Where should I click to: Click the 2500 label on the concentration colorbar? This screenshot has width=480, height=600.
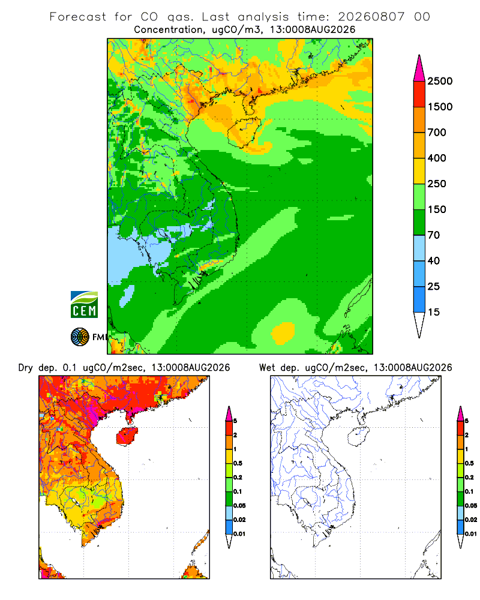[440, 81]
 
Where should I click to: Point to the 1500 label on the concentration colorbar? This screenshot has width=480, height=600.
[440, 107]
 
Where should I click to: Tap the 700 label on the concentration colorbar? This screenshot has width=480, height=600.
[437, 133]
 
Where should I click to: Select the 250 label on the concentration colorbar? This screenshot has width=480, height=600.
[437, 184]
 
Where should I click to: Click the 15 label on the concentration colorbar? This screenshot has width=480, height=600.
[434, 312]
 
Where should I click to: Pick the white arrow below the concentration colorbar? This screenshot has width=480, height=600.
[419, 325]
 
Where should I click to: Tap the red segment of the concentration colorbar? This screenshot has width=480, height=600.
[419, 94]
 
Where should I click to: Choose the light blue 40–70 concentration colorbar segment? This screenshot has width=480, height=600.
[419, 248]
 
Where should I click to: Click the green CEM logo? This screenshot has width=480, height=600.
[84, 305]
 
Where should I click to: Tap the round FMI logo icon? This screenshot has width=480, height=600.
[80, 337]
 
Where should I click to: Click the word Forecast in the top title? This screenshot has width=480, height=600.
[78, 17]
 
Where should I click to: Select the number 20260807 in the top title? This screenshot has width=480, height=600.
[371, 17]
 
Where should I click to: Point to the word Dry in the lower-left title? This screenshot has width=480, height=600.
[26, 368]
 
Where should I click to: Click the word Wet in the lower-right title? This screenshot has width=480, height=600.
[267, 368]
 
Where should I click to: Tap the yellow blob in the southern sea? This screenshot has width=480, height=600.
[284, 332]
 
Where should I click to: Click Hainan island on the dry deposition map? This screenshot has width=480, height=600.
[127, 437]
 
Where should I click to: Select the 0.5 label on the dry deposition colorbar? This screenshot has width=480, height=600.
[238, 463]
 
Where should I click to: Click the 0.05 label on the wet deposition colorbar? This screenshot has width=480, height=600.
[471, 506]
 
